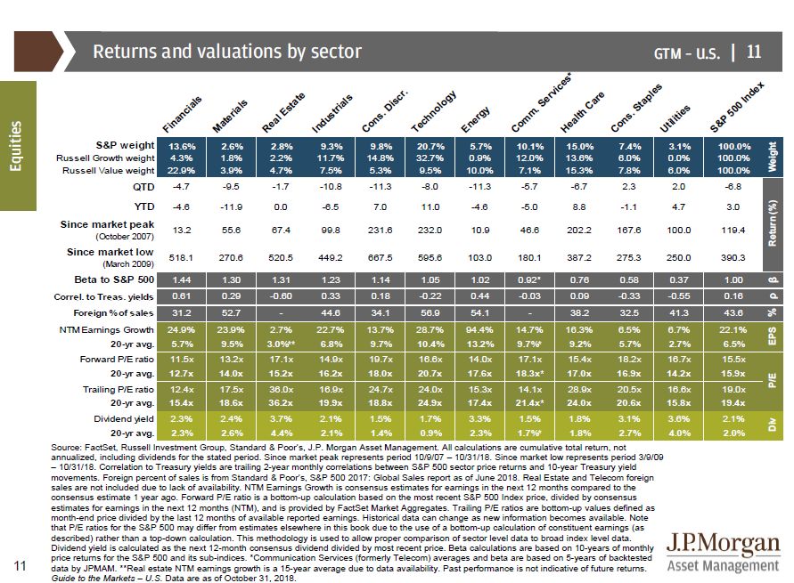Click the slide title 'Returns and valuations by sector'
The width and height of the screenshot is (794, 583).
(x=227, y=52)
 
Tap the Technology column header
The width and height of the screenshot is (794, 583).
(x=434, y=112)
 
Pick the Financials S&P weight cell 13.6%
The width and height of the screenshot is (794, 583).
(x=182, y=145)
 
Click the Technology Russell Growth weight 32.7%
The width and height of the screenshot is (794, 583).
(x=431, y=158)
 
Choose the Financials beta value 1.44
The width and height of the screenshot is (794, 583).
(x=182, y=279)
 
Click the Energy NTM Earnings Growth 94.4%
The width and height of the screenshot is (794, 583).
(x=481, y=329)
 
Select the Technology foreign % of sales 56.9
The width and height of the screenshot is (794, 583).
(x=431, y=312)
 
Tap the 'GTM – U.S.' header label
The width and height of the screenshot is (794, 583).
(x=686, y=53)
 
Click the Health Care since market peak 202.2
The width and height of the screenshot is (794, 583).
(x=581, y=229)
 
